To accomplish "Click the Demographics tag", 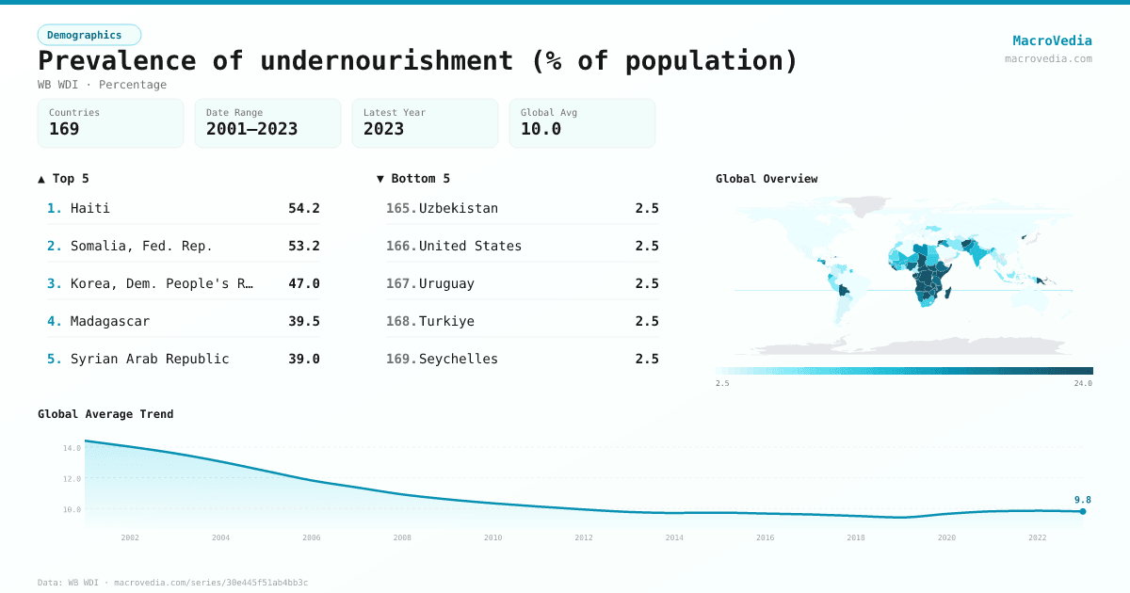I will point(89,35).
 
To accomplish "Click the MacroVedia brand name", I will point(1052,40).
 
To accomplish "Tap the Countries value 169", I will point(64,129).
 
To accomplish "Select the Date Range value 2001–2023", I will point(251,129).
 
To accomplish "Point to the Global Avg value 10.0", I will point(541,129).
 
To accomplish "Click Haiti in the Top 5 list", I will point(90,208).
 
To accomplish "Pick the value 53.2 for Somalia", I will point(303,246).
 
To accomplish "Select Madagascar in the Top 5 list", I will point(109,321).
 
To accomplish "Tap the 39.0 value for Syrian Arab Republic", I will point(303,359).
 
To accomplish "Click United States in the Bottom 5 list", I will point(470,246).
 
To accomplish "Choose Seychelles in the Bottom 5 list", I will point(459,359).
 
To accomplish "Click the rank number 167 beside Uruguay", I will point(401,283).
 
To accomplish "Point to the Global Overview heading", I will point(767,179).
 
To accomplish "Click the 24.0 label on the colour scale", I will point(1083,383).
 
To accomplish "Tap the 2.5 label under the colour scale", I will point(722,383).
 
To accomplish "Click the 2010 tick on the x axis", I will point(492,537).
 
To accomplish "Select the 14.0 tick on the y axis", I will point(73,448).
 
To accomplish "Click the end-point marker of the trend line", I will point(1083,511).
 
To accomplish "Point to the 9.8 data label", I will point(1082,500).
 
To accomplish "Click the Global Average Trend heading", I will point(105,414).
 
